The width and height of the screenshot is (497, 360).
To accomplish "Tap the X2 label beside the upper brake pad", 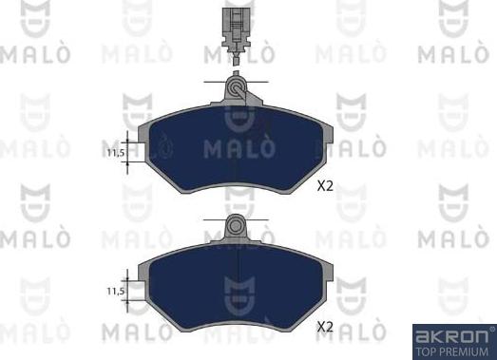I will click(x=324, y=187).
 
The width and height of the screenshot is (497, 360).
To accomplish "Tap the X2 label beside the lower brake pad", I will click(x=324, y=327).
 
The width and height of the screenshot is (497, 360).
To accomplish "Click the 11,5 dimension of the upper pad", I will click(x=115, y=152).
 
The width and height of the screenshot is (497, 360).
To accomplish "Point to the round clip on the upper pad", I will click(x=235, y=90).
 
